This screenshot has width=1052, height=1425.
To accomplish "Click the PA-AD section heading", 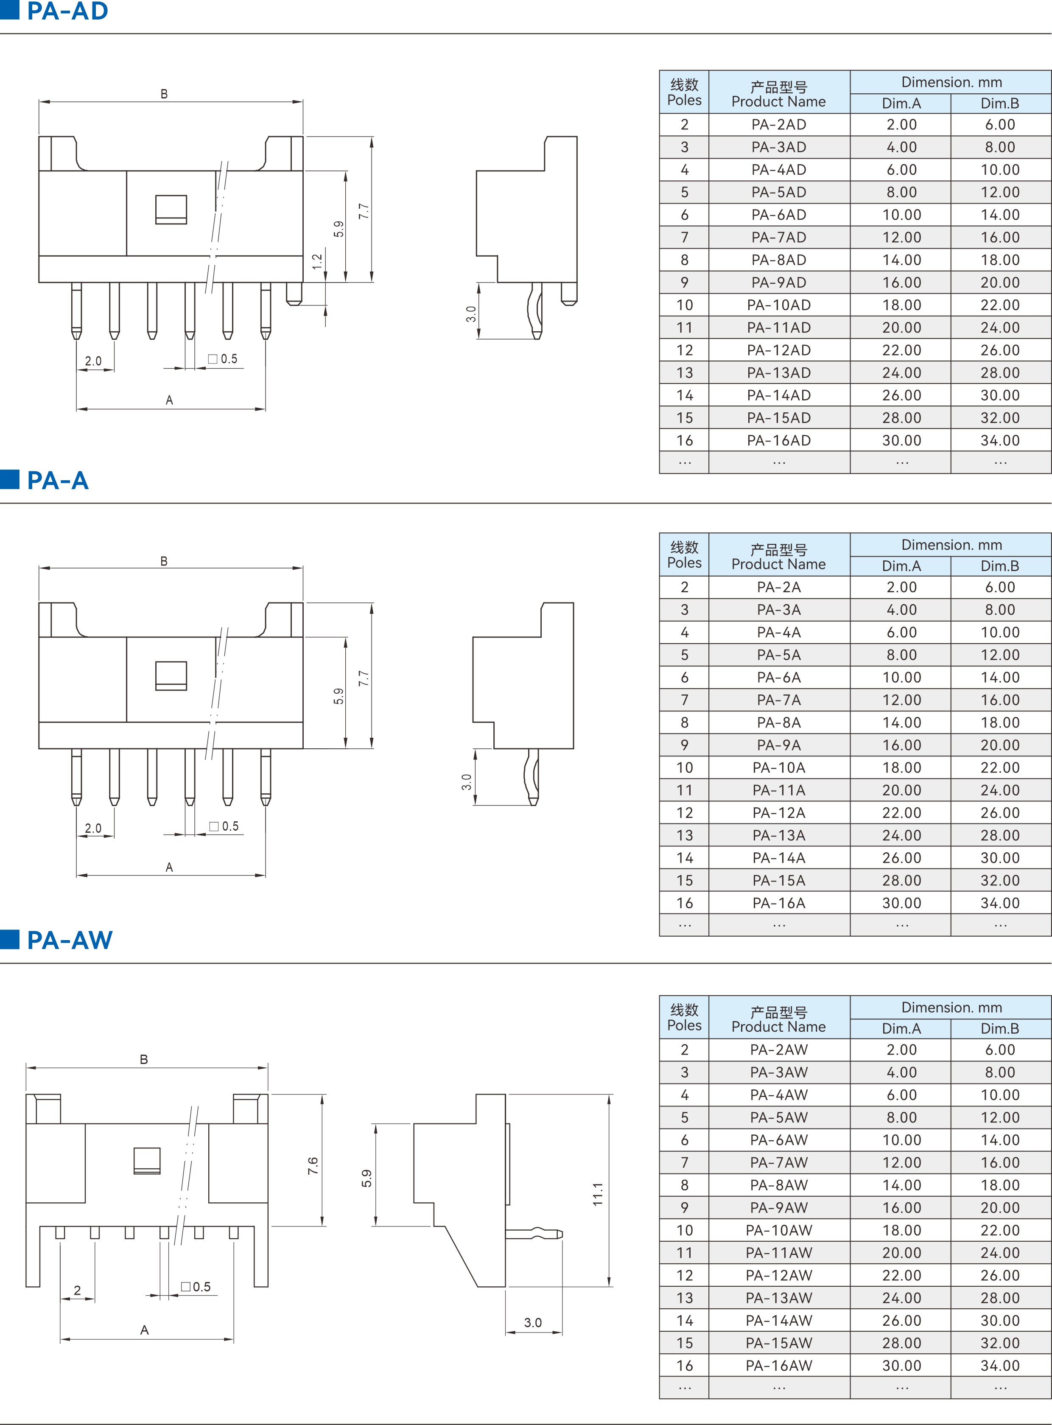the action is pyautogui.click(x=67, y=11).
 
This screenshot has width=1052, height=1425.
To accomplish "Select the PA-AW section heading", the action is pyautogui.click(x=70, y=940).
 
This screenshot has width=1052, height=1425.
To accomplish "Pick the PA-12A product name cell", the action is pyautogui.click(x=779, y=812).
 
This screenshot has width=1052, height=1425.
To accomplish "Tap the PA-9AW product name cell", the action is pyautogui.click(x=779, y=1207).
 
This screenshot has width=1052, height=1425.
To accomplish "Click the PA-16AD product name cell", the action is pyautogui.click(x=779, y=440).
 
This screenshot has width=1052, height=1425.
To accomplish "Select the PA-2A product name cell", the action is pyautogui.click(x=779, y=587).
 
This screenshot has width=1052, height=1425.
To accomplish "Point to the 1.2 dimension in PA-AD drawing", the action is pyautogui.click(x=317, y=261).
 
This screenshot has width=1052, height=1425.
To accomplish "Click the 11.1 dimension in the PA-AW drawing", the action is pyautogui.click(x=597, y=1194).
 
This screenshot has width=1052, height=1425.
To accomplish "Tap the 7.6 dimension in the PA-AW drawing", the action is pyautogui.click(x=313, y=1166).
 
